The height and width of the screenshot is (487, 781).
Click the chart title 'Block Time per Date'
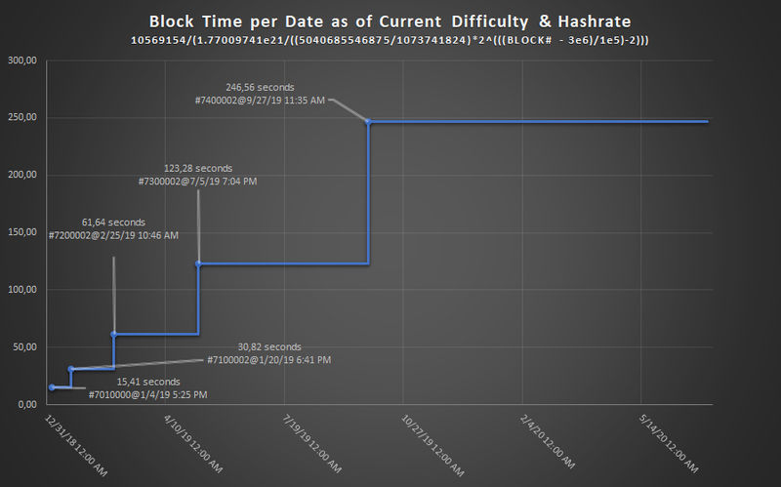tap(390, 20)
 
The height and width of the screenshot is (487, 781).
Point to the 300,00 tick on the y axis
tap(21, 61)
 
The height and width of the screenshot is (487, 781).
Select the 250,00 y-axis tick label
tap(21, 118)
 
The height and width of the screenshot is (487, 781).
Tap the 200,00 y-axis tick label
tap(21, 176)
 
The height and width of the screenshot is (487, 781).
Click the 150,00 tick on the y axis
tap(21, 232)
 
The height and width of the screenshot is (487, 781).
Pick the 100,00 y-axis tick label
tap(21, 290)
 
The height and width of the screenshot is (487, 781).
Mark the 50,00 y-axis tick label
tap(23, 347)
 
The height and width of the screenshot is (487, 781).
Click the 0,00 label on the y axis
tap(26, 404)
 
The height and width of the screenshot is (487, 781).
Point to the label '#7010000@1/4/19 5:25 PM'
tap(147, 394)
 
